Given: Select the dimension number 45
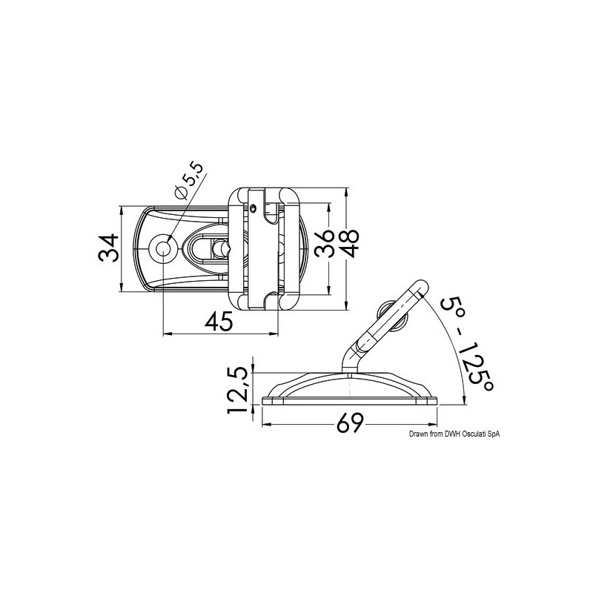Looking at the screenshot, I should point(219,320).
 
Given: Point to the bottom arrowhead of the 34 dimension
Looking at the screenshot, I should point(120,291).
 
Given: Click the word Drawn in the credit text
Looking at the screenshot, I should point(416,436).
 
